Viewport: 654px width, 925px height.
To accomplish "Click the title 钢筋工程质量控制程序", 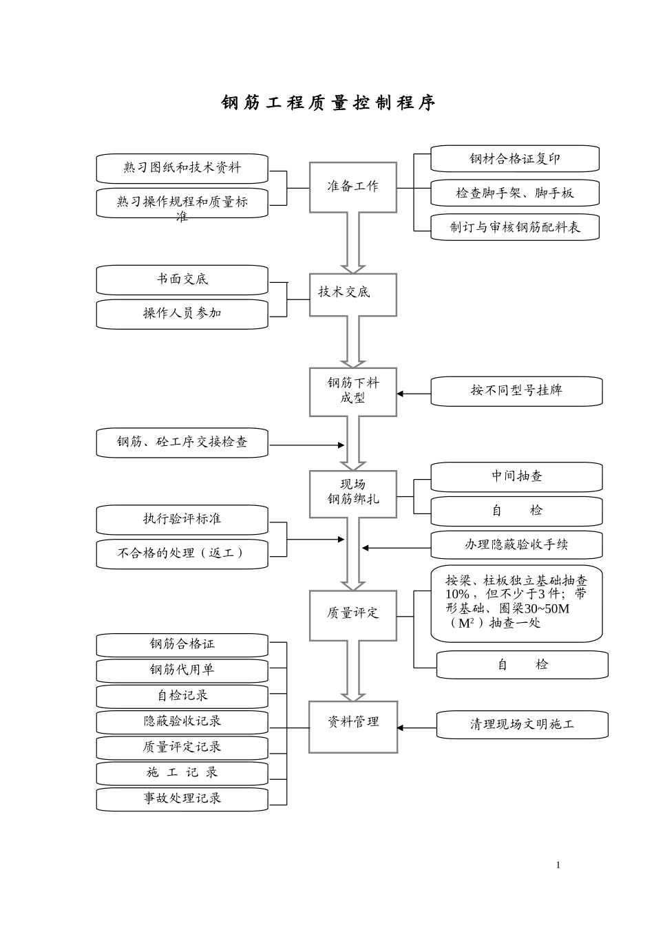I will tap(328, 103).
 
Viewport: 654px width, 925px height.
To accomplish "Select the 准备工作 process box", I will tap(353, 187).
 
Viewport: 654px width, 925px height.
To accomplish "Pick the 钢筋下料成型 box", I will tap(353, 392).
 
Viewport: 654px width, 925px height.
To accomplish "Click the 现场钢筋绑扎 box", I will tap(353, 493).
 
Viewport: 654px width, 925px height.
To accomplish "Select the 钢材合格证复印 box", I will tap(515, 159).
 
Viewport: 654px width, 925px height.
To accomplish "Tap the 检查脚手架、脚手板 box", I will tap(515, 193).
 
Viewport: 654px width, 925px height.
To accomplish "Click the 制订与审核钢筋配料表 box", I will tap(515, 228).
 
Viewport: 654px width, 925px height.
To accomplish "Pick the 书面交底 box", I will tap(182, 280).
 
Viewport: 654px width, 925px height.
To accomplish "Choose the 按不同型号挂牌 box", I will tap(516, 391).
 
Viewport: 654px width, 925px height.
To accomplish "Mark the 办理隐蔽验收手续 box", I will tap(516, 546).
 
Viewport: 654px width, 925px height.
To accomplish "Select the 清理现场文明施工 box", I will tap(523, 725).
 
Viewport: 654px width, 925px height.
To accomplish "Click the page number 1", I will tap(558, 866).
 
